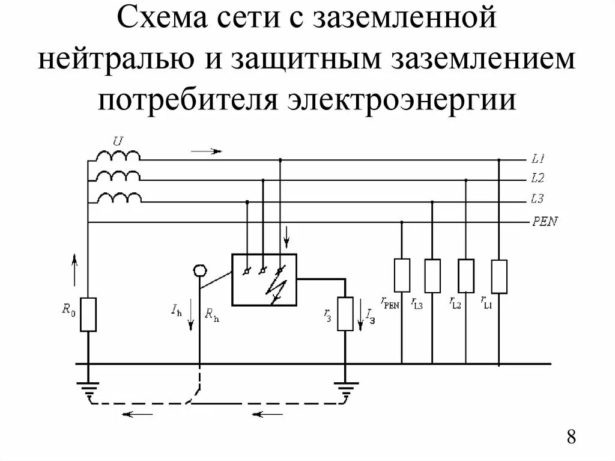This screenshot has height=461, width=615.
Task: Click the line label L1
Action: pyautogui.click(x=538, y=160)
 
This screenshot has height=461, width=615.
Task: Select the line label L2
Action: pyautogui.click(x=538, y=179)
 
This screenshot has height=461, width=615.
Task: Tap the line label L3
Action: pyautogui.click(x=538, y=198)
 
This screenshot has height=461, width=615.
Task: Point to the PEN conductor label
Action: pyautogui.click(x=545, y=222)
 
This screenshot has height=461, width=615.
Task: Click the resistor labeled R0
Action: pyautogui.click(x=88, y=314)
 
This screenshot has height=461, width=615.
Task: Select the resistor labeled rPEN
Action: pyautogui.click(x=402, y=275)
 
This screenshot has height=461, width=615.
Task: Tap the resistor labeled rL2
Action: pyautogui.click(x=466, y=275)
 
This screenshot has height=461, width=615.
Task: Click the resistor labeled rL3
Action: pyautogui.click(x=432, y=275)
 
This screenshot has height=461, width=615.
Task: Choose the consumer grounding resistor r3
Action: pyautogui.click(x=345, y=314)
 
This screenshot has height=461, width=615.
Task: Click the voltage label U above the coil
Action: pyautogui.click(x=118, y=141)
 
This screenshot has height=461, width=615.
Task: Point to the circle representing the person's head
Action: pyautogui.click(x=199, y=271)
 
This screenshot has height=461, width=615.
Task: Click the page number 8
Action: pyautogui.click(x=571, y=436)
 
